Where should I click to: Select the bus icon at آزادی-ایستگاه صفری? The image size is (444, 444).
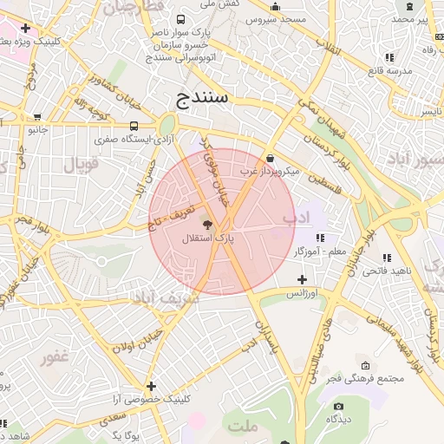coord(133,126)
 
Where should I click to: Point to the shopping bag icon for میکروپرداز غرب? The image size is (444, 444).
coord(271,159)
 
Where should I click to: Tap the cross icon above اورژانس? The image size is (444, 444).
coord(302,279)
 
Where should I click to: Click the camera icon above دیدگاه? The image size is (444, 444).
coord(338,406)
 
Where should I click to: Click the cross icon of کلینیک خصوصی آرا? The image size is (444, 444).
coord(152,386)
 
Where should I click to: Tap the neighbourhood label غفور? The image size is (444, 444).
coord(53,356)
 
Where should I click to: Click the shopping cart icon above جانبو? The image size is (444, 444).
coord(37,117)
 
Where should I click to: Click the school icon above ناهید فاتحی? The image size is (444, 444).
coord(386,258)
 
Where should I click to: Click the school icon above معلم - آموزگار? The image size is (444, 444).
coord(319,238)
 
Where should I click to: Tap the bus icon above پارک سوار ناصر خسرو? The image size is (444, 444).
coord(180,19)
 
